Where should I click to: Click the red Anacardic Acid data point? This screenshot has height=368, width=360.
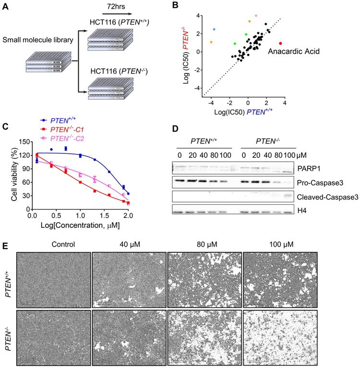[x=281, y=43]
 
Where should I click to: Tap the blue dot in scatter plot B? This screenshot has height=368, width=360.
[x=214, y=29]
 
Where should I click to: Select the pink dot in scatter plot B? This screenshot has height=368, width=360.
[x=256, y=16]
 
